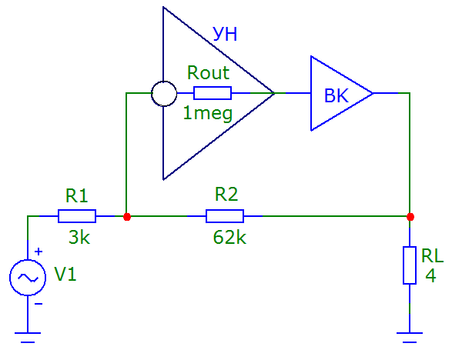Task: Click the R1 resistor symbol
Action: point(77,216)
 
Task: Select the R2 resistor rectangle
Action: point(225,216)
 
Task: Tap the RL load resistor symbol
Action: point(410,265)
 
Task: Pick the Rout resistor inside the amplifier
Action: point(213,93)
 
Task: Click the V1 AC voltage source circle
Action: point(28,278)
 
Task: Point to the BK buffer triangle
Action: point(342,93)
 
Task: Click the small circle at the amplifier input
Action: point(164,94)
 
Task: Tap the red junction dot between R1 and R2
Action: point(127,217)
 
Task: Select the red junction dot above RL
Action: point(410,217)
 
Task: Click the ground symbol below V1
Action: point(28,338)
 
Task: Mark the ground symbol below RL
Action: point(410,338)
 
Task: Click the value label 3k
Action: point(79,238)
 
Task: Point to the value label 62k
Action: point(229,238)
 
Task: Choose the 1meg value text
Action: point(208,114)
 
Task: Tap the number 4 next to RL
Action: point(430,275)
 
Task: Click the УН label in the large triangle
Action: point(225,35)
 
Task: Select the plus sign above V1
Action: point(39,252)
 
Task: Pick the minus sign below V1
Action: point(39,304)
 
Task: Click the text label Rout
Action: point(208,72)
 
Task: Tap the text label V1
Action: point(65,274)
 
